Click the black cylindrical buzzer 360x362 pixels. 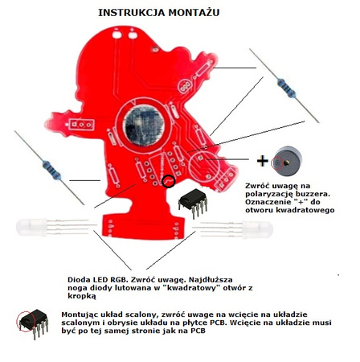[287, 161]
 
